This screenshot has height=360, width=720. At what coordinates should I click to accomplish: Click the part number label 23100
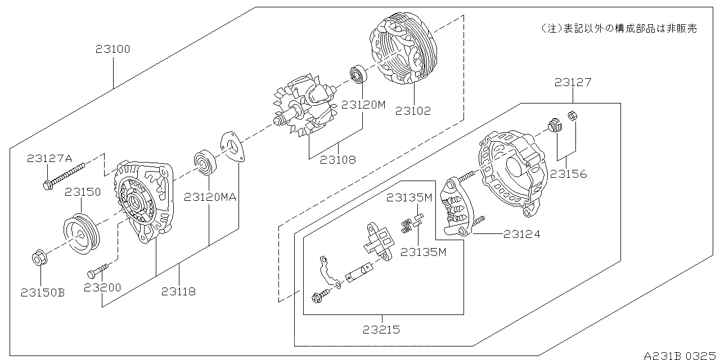pyautogui.click(x=112, y=49)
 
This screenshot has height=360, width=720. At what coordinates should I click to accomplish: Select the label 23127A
pyautogui.click(x=49, y=159)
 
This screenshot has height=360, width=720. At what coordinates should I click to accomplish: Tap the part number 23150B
pyautogui.click(x=43, y=292)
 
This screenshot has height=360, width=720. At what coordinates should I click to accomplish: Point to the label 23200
pyautogui.click(x=102, y=288)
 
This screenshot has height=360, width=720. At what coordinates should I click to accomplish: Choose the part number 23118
pyautogui.click(x=179, y=291)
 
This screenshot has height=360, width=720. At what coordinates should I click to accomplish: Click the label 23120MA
pyautogui.click(x=209, y=197)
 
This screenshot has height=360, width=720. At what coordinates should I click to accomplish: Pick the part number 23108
pyautogui.click(x=338, y=160)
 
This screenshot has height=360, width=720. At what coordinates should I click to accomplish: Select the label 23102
pyautogui.click(x=413, y=111)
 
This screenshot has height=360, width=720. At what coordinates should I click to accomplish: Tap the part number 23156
pyautogui.click(x=568, y=174)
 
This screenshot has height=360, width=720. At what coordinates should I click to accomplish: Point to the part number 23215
pyautogui.click(x=382, y=330)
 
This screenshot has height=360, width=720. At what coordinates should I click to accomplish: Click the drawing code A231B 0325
pyautogui.click(x=680, y=355)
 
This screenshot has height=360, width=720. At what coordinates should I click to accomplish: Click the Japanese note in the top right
pyautogui.click(x=618, y=28)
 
